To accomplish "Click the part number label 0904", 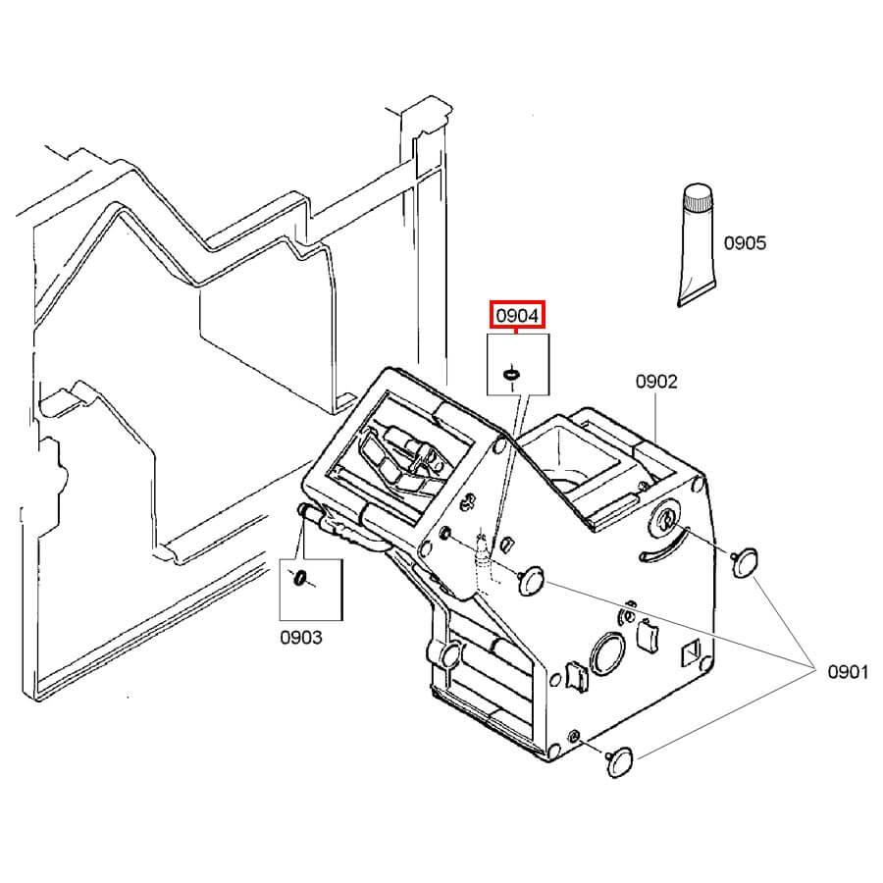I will point(517,315).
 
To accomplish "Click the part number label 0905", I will point(745,243).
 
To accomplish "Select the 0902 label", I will point(656,382).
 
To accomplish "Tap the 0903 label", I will point(301,637).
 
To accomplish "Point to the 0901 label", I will point(848,672).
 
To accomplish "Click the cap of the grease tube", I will point(698,200).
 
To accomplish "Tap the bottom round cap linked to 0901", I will point(621,760).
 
